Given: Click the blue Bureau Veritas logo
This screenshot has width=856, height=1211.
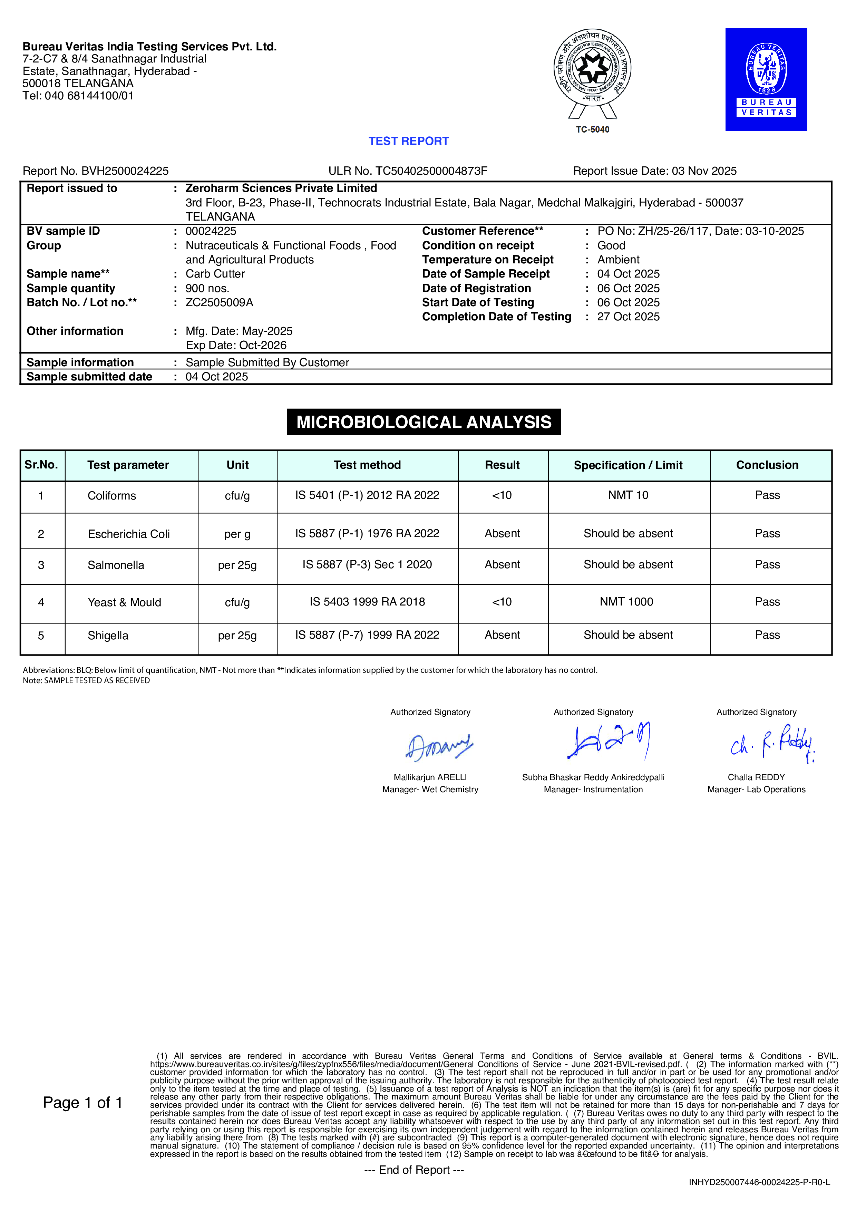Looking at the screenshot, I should pyautogui.click(x=766, y=80).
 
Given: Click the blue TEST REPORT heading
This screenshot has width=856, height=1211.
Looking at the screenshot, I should pyautogui.click(x=408, y=141).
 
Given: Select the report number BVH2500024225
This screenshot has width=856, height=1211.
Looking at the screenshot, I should pyautogui.click(x=125, y=171).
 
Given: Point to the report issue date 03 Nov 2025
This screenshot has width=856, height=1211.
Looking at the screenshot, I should pyautogui.click(x=703, y=171).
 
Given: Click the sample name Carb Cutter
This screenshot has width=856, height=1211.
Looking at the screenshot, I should pyautogui.click(x=215, y=274).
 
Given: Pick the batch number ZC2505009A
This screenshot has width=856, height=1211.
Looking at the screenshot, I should pyautogui.click(x=220, y=302).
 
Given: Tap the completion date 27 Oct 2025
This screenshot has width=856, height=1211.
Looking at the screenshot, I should pyautogui.click(x=628, y=317).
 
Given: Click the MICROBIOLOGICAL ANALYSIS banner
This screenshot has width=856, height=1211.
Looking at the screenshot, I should pyautogui.click(x=424, y=422).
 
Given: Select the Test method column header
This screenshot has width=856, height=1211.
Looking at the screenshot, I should pyautogui.click(x=367, y=465).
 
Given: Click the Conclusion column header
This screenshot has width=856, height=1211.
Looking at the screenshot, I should pyautogui.click(x=767, y=465).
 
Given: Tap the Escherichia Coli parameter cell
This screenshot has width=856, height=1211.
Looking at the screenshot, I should pyautogui.click(x=129, y=534).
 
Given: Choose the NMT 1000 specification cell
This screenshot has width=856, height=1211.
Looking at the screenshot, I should pyautogui.click(x=626, y=602).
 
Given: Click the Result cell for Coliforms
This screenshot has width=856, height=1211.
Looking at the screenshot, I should pyautogui.click(x=502, y=495).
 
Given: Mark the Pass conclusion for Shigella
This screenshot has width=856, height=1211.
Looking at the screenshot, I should pyautogui.click(x=767, y=635).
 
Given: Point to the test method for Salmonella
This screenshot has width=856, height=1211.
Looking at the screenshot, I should pyautogui.click(x=367, y=564).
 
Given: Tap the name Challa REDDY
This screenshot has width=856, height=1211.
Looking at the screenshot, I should pyautogui.click(x=756, y=777).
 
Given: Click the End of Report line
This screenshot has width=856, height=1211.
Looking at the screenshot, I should pyautogui.click(x=414, y=1170).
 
